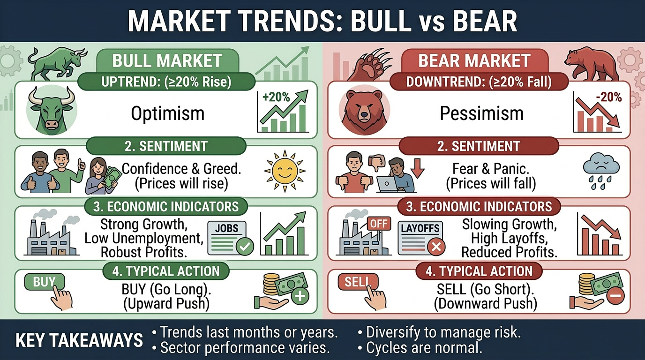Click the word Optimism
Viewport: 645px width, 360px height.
(167, 113)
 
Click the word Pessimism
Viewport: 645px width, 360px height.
(481, 113)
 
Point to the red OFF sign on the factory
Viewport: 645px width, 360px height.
(379, 224)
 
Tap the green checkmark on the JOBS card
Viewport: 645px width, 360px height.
(244, 246)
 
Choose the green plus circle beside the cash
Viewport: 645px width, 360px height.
(300, 296)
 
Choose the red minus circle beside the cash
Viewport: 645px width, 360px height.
(615, 296)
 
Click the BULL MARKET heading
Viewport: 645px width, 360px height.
(167, 60)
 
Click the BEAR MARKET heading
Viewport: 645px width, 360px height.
(474, 61)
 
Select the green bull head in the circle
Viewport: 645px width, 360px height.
(52, 111)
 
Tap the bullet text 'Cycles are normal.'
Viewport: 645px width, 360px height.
(424, 348)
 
